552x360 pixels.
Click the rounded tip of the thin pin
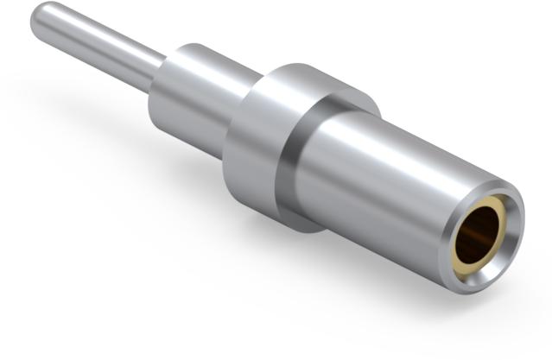click(40, 19)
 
